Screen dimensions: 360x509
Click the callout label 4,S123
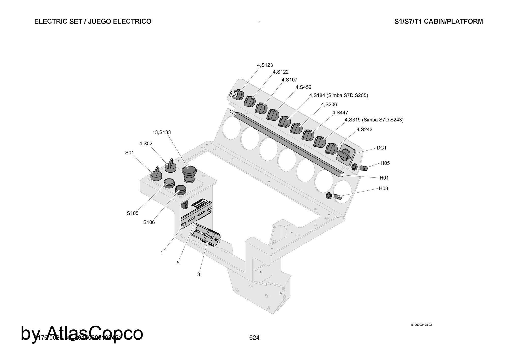point(265,65)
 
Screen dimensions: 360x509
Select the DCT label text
point(381,148)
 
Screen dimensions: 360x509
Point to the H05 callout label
point(385,163)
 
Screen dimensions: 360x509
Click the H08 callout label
point(383,188)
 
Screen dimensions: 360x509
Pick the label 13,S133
point(161,132)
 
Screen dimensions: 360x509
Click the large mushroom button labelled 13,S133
point(189,173)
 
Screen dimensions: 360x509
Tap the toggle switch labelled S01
point(156,174)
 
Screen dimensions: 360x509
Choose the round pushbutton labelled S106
point(180,189)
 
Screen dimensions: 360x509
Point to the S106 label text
point(149,222)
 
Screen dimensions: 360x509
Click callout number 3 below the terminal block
point(199,274)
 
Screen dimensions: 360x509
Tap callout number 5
point(178,262)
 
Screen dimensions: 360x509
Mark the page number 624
point(254,338)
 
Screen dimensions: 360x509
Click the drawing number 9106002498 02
point(421,325)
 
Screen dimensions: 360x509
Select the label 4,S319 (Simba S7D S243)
point(374,120)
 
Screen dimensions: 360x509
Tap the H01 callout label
point(384,178)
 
